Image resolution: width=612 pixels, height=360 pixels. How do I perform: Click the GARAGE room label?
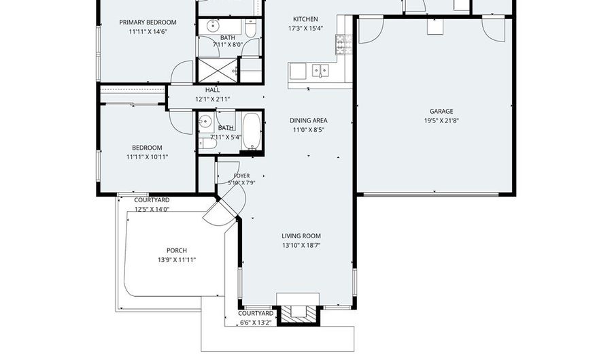441,111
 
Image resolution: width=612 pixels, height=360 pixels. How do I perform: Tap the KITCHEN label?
305,19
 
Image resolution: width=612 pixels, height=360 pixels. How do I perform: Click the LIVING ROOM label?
301,236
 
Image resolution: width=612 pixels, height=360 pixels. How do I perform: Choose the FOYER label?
241,176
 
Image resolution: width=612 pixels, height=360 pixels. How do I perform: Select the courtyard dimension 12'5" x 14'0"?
151,209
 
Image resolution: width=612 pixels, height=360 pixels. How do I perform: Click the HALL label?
212,90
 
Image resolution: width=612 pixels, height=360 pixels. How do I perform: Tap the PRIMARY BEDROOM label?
148,22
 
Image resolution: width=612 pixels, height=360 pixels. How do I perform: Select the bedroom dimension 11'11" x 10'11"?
147,157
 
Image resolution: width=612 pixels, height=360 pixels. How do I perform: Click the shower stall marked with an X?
218,69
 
